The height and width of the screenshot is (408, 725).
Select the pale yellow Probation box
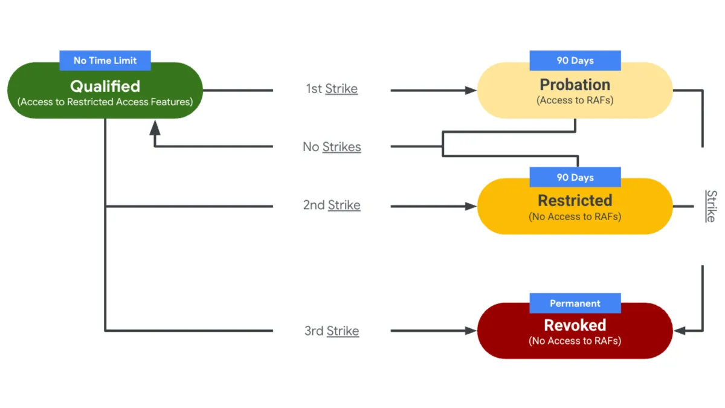coord(575,91)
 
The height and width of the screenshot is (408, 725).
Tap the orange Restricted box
coord(575,207)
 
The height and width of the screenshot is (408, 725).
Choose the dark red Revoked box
coord(575,331)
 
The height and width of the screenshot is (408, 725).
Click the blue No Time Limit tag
coord(105,60)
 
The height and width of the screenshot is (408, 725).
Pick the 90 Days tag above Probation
coord(575,60)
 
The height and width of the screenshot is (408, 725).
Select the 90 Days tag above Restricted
coord(575,177)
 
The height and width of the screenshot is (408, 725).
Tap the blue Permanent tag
coord(575,303)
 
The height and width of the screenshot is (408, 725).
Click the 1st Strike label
coord(331,89)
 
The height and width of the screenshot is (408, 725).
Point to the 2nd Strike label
coord(331,206)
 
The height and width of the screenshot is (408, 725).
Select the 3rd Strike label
coord(331,331)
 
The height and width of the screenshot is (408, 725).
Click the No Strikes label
coord(331,147)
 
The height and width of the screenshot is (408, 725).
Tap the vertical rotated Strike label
coord(711,206)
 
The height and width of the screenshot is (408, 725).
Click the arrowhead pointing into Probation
coord(471,91)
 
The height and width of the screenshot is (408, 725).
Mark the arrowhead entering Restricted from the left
coord(471,206)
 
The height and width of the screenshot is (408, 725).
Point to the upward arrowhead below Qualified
coord(155,126)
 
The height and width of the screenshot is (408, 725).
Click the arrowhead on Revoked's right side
coord(679,331)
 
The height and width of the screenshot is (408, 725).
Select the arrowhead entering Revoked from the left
coord(471,331)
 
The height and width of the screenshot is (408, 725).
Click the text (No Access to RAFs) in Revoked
coord(575,341)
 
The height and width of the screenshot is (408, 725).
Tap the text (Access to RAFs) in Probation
coord(575,101)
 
